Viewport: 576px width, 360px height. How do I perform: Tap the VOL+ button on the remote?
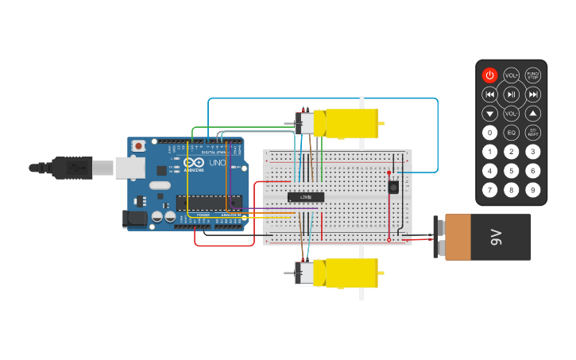[x=511, y=75]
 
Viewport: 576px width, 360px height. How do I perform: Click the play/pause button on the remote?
[x=511, y=95]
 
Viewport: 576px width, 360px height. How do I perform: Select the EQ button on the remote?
[x=511, y=133]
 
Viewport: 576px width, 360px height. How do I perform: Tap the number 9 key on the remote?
[x=532, y=190]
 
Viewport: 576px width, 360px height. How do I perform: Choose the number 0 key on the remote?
[x=489, y=133]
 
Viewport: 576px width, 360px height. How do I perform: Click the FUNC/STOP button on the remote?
[x=532, y=75]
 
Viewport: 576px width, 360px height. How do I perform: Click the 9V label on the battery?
[x=497, y=237]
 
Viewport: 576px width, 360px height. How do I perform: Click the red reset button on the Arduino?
[x=139, y=146]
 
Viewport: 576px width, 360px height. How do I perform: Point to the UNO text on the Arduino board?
[x=217, y=163]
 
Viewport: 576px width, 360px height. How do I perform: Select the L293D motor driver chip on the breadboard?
[x=306, y=196]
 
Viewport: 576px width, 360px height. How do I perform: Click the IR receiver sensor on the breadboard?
[x=392, y=187]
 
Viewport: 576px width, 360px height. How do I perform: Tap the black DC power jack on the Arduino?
[x=136, y=219]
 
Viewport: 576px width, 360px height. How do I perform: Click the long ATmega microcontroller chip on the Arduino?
[x=208, y=203]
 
